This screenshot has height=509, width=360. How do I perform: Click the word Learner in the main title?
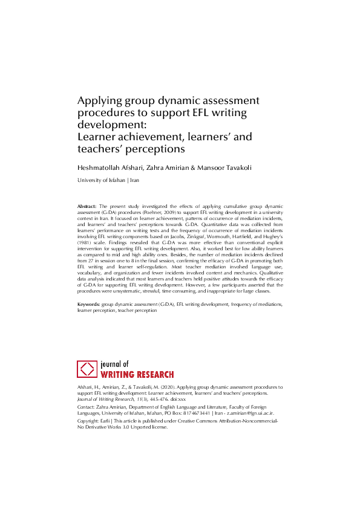(x=98, y=137)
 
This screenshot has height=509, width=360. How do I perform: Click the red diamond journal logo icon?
(x=88, y=369)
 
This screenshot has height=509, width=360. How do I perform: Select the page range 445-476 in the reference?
(x=145, y=400)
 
